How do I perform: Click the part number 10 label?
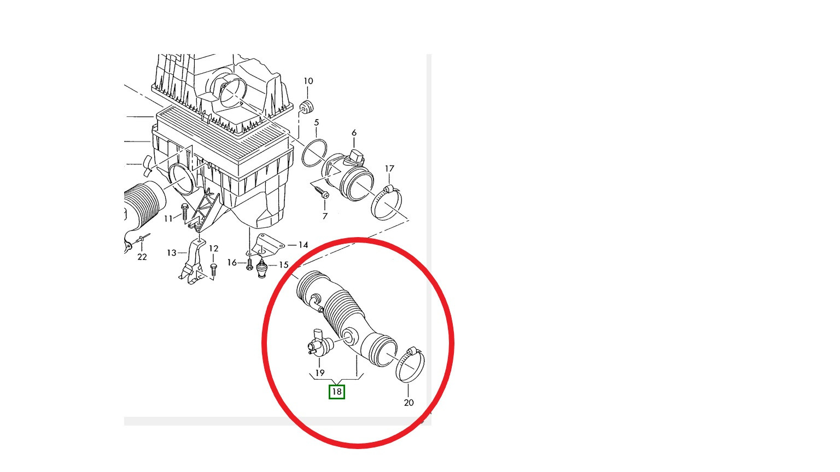click(308, 81)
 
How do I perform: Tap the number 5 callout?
click(317, 122)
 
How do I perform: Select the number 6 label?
click(354, 133)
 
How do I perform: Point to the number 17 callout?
click(389, 169)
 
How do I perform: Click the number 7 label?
click(325, 216)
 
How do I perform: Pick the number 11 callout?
click(168, 219)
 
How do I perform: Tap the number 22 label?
click(142, 257)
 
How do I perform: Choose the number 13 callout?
click(171, 253)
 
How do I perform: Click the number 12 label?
click(213, 249)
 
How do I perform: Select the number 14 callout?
click(303, 245)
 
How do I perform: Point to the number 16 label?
click(232, 263)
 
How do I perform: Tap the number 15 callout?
click(283, 265)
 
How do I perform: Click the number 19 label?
click(319, 373)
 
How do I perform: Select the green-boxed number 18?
click(337, 392)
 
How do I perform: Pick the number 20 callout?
click(409, 403)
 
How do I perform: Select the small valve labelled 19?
click(319, 341)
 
